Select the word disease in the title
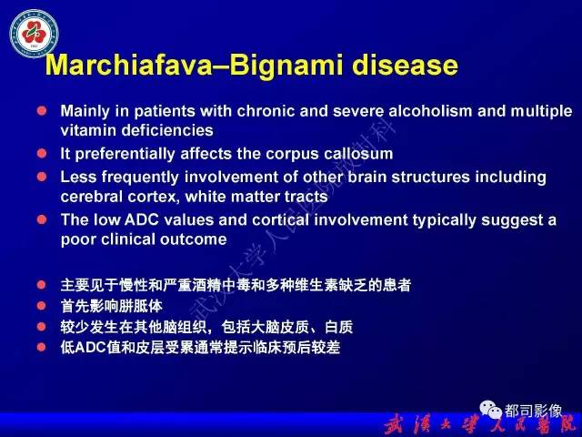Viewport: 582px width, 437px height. pos(407,66)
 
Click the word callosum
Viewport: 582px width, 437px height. pos(357,154)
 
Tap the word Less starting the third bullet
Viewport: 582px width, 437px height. pos(76,177)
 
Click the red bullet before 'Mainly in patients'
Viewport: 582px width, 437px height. pos(41,111)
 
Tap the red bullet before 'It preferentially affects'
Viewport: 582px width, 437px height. pos(41,154)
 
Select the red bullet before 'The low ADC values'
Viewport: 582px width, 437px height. pos(41,219)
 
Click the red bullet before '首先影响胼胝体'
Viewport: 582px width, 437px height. pos(41,306)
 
